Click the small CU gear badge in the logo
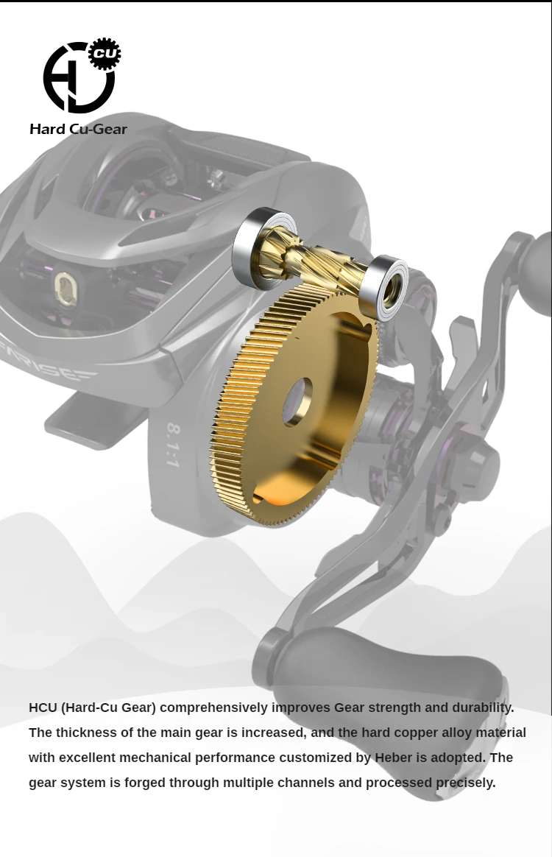click(105, 54)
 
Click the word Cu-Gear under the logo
click(99, 129)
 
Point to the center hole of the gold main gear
click(297, 402)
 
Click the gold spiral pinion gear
click(311, 260)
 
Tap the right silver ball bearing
click(383, 287)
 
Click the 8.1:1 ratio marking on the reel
click(173, 444)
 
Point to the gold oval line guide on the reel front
click(66, 289)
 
